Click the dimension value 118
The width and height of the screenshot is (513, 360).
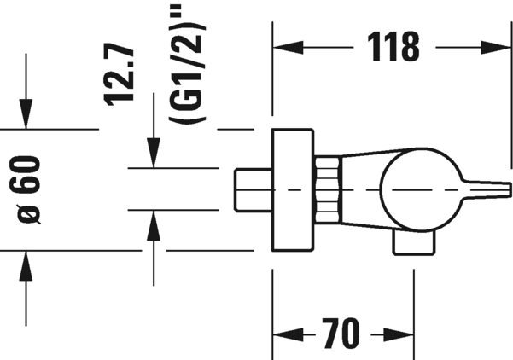click(393, 47)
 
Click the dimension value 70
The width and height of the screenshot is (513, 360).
click(341, 334)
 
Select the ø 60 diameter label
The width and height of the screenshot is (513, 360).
click(27, 190)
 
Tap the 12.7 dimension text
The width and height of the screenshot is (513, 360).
click(120, 74)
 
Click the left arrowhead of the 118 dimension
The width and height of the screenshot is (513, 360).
click(288, 48)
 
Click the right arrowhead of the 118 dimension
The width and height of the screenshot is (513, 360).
click(496, 48)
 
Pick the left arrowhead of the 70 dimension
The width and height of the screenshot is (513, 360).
click(288, 334)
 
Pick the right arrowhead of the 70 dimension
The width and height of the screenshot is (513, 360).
click(399, 334)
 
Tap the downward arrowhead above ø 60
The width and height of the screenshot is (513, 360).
click(26, 113)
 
